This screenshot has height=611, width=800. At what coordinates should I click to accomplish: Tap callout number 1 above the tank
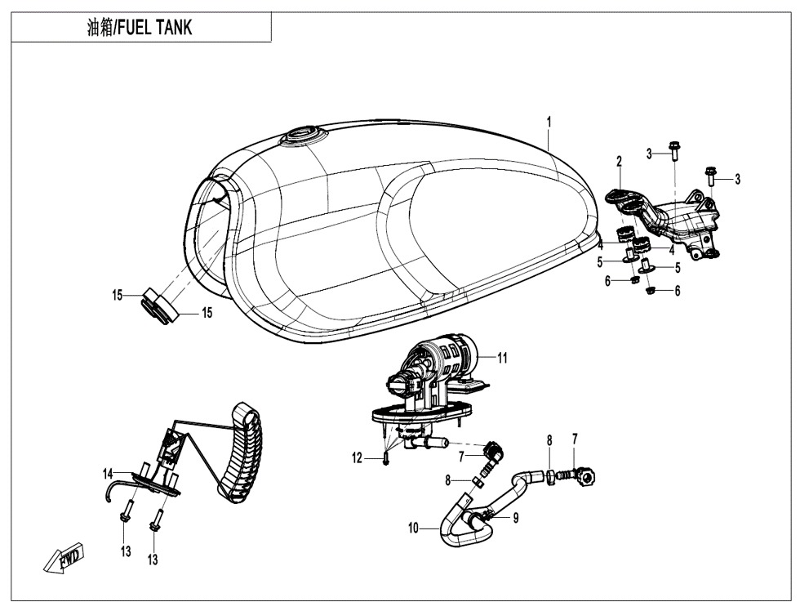coord(549,122)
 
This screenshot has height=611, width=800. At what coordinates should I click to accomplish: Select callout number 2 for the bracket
coord(620,161)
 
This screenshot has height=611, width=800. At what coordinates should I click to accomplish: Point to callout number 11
coord(503,358)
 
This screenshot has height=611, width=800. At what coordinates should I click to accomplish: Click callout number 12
coord(357,459)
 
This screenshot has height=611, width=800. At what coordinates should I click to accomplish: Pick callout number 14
coord(107,474)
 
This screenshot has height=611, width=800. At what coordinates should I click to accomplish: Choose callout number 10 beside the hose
coord(414,528)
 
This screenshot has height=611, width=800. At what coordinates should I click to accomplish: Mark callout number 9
coord(515,517)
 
